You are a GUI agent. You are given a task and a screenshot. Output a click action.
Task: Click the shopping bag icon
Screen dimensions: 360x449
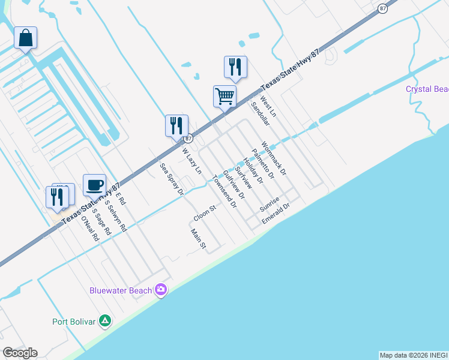coord(26,38)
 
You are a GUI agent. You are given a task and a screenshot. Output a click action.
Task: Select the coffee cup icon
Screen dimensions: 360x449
coord(94,185)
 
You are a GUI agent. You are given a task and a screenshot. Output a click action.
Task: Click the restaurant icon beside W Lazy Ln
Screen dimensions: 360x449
coord(176,126)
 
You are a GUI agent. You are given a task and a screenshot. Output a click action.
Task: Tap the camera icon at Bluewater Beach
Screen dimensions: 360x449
coord(160,290)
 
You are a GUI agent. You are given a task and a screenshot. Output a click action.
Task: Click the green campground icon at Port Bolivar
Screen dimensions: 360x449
coord(105,321)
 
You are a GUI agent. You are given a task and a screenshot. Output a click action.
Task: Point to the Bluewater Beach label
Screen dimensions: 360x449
coord(121,291)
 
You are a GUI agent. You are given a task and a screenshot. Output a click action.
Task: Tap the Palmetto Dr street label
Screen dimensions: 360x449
coord(262,164)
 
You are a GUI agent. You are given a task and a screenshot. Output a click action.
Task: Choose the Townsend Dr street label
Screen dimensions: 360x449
coord(224,191)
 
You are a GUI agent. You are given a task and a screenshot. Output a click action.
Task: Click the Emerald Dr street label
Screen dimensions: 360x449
coord(276,214)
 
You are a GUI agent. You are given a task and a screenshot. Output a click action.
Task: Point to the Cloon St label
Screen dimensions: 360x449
coord(204,212)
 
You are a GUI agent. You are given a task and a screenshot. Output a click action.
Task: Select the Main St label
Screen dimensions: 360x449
coord(198,238)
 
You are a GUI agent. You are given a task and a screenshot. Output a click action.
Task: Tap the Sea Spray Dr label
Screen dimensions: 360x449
coord(171,179)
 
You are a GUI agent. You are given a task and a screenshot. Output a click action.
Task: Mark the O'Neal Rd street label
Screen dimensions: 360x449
coord(90,229)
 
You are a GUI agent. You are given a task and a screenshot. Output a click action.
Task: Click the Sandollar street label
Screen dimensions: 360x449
coord(261,112)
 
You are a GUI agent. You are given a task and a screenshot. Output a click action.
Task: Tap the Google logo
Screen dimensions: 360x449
coord(20,353)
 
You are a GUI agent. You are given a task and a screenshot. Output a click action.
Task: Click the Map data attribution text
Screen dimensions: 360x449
coord(414,355)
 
